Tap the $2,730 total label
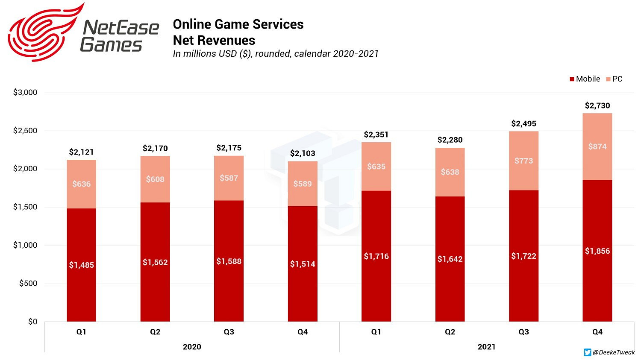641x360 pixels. [597, 105]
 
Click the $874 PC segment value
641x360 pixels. [597, 146]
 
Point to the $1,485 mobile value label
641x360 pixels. [81, 265]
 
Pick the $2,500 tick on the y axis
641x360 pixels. [25, 131]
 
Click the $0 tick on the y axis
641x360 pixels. [32, 322]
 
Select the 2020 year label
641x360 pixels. [192, 347]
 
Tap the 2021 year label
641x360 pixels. [486, 347]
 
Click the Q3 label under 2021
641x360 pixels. [523, 332]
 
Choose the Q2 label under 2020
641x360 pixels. [155, 332]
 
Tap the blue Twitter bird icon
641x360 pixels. [588, 352]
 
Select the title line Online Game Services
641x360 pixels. [238, 24]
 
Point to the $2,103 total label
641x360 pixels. [303, 153]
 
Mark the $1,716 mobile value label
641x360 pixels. [376, 256]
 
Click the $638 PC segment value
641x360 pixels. [450, 172]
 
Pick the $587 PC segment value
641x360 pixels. [229, 178]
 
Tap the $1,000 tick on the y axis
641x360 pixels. [25, 245]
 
